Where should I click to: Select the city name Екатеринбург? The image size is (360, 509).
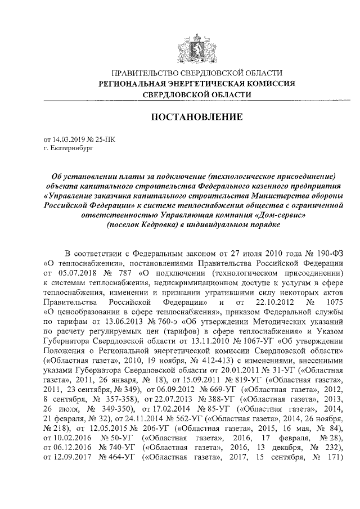pyautogui.click(x=67, y=148)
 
